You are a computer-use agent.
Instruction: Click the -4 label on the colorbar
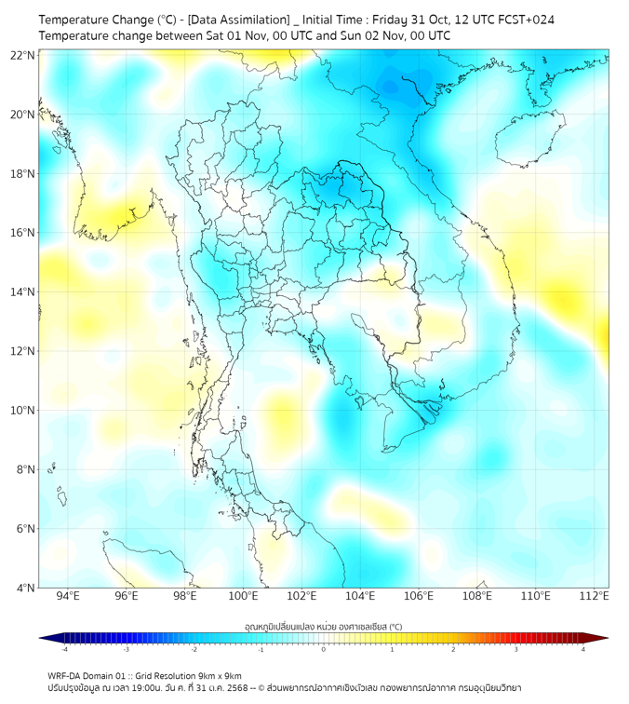coord(64,650)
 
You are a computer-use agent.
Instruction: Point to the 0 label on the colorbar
coord(324,650)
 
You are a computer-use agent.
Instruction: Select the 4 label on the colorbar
coord(582,650)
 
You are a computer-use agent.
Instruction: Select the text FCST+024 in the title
coord(529,19)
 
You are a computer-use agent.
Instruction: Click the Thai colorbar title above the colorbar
coord(323,626)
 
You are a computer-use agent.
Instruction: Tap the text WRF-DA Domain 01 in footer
coord(90,675)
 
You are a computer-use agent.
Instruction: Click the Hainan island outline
coord(531,140)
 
